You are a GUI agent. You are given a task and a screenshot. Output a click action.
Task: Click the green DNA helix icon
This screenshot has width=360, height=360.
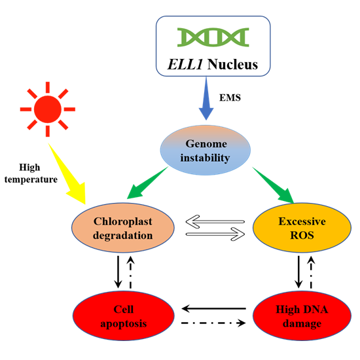coord(213,37)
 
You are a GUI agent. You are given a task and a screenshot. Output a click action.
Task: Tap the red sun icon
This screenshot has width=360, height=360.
coord(48,109)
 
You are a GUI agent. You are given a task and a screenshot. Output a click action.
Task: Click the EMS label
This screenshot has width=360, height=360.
coord(230,98)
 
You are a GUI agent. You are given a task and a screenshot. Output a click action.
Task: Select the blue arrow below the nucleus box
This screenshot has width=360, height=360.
coord(206,98)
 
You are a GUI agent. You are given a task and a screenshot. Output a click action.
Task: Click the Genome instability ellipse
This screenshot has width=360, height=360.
coord(206,150)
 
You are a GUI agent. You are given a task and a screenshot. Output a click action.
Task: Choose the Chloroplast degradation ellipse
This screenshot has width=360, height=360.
coord(123,228)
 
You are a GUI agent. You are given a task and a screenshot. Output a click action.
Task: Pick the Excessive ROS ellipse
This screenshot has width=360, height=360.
coord(302,228)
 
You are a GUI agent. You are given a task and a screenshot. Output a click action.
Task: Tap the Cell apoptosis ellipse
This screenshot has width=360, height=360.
coord(124,316)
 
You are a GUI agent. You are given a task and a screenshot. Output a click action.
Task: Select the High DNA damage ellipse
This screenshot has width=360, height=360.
coord(302,316)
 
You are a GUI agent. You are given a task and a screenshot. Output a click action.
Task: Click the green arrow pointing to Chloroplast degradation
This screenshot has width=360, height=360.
coord(147,183)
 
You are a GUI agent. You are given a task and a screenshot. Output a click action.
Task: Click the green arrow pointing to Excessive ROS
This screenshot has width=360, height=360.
coord(273,185)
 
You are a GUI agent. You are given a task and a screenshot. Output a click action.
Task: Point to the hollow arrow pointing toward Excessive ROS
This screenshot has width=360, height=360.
coord(215,234)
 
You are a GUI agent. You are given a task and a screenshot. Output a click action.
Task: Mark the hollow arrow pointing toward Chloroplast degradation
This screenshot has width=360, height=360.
coord(215,222)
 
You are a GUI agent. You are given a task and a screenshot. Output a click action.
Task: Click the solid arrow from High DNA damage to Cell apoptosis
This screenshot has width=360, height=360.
coord(214,309)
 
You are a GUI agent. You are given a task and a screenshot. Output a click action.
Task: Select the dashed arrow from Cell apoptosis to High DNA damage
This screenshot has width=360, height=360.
coord(213,323)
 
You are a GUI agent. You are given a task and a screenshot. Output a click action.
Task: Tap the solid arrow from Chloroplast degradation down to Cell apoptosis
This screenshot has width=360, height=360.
coord(118,272)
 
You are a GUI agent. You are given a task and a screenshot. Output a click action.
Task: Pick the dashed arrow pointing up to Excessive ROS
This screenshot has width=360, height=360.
coord(311,272)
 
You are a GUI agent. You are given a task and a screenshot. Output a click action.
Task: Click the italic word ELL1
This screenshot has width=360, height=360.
coord(185,64)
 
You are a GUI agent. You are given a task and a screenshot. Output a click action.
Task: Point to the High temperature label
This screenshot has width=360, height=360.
coord(31,173)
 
